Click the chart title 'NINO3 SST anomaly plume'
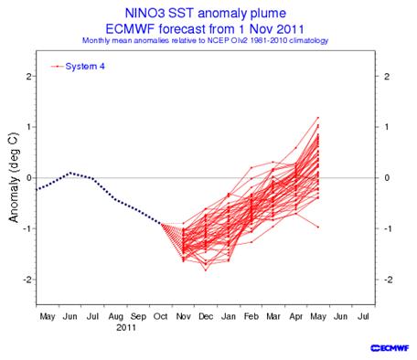tap(206, 13)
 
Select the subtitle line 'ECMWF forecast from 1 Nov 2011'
tap(205, 29)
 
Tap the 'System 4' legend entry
tap(78, 67)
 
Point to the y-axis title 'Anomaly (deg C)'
tap(14, 178)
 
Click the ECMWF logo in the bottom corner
tap(390, 348)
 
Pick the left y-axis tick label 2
tap(29, 76)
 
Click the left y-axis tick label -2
tap(27, 280)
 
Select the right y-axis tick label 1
tap(387, 127)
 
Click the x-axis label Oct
tap(161, 317)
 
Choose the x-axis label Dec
tap(206, 317)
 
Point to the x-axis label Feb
tap(251, 317)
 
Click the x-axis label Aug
tap(115, 317)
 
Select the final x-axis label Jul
tap(363, 317)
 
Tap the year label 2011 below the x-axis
tap(126, 328)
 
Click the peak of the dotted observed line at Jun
tap(70, 173)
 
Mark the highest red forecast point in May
tap(318, 118)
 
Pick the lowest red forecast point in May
tap(318, 227)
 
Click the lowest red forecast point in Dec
tap(206, 270)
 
